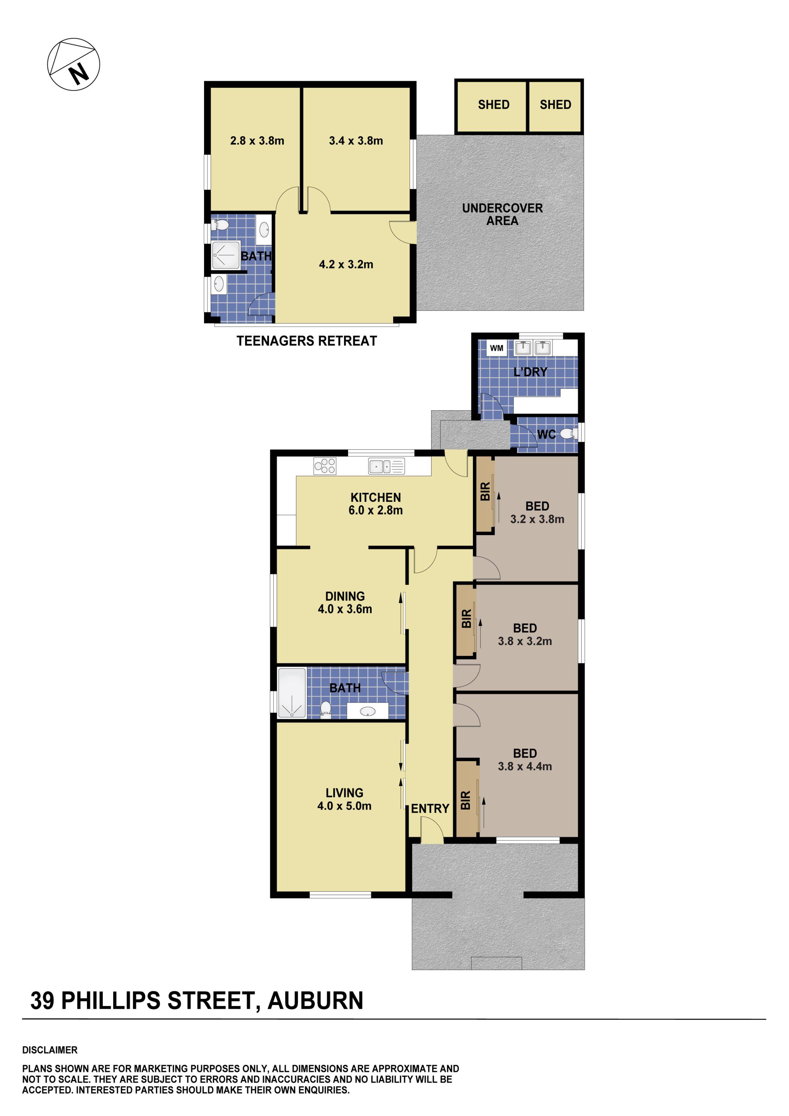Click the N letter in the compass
78,74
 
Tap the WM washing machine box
496,348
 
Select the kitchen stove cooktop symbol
324,466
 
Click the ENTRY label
430,808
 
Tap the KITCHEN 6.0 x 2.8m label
375,504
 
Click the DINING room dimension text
345,609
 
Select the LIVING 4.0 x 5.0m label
344,799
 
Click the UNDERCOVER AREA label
502,214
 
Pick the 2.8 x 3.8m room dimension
257,141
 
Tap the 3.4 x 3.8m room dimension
356,141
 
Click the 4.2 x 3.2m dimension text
346,264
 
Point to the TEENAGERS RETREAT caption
307,341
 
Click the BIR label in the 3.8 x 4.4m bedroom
465,800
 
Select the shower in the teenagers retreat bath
226,255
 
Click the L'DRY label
530,372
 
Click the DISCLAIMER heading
50,1050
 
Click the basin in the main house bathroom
368,712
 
